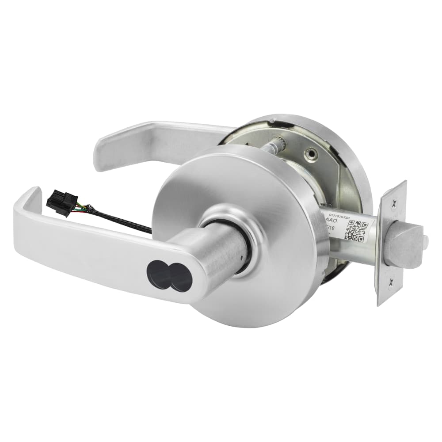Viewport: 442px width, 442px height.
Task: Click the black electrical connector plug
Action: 62,203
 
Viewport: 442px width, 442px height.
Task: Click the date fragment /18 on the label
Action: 338,226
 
